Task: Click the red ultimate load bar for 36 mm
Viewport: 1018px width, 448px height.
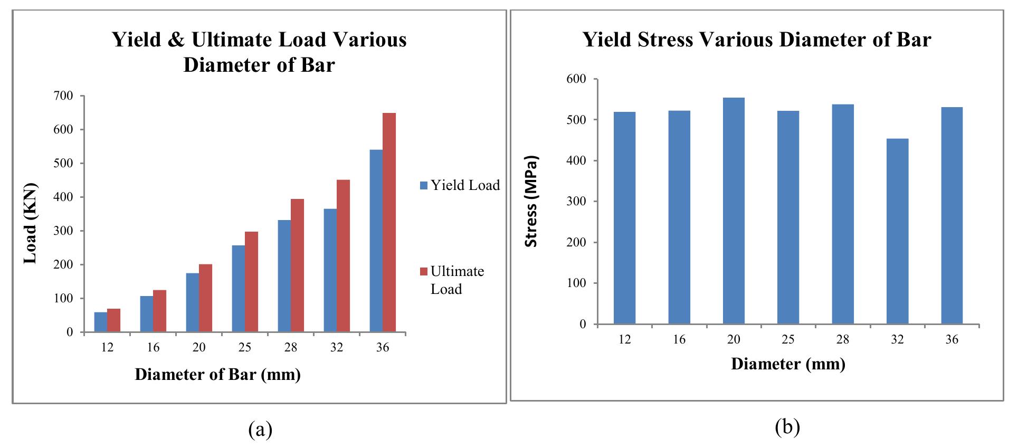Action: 389,222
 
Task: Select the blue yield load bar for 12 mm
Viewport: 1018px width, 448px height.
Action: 100,322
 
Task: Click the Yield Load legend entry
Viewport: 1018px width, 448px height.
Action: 460,185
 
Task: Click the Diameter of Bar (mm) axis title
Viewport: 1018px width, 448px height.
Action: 217,374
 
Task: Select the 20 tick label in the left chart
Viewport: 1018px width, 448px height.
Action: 199,347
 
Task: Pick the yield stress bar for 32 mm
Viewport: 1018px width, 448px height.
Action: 897,231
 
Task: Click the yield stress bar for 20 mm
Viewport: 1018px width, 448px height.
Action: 734,211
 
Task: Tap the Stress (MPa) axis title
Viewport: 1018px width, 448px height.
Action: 531,201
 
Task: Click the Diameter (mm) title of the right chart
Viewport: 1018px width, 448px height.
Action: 788,364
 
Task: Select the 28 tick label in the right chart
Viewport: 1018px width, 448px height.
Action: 842,339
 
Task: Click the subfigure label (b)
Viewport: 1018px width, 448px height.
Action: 787,426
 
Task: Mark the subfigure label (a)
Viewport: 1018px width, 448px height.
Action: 260,430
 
